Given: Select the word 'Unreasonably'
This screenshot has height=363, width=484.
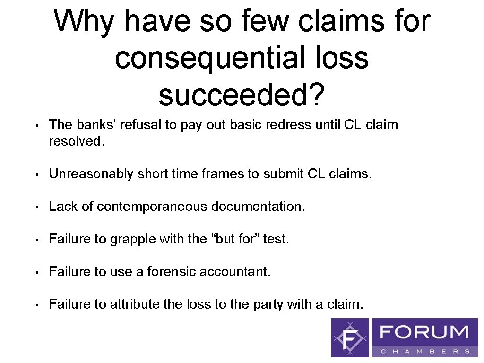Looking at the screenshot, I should [x=91, y=174].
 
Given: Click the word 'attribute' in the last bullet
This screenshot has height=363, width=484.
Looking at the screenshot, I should [x=135, y=304].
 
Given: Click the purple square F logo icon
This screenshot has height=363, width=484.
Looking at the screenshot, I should [x=350, y=337].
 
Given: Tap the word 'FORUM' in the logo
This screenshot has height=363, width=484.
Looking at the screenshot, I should [x=424, y=332].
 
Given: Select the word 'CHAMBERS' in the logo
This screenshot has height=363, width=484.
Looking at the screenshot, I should [x=424, y=351].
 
